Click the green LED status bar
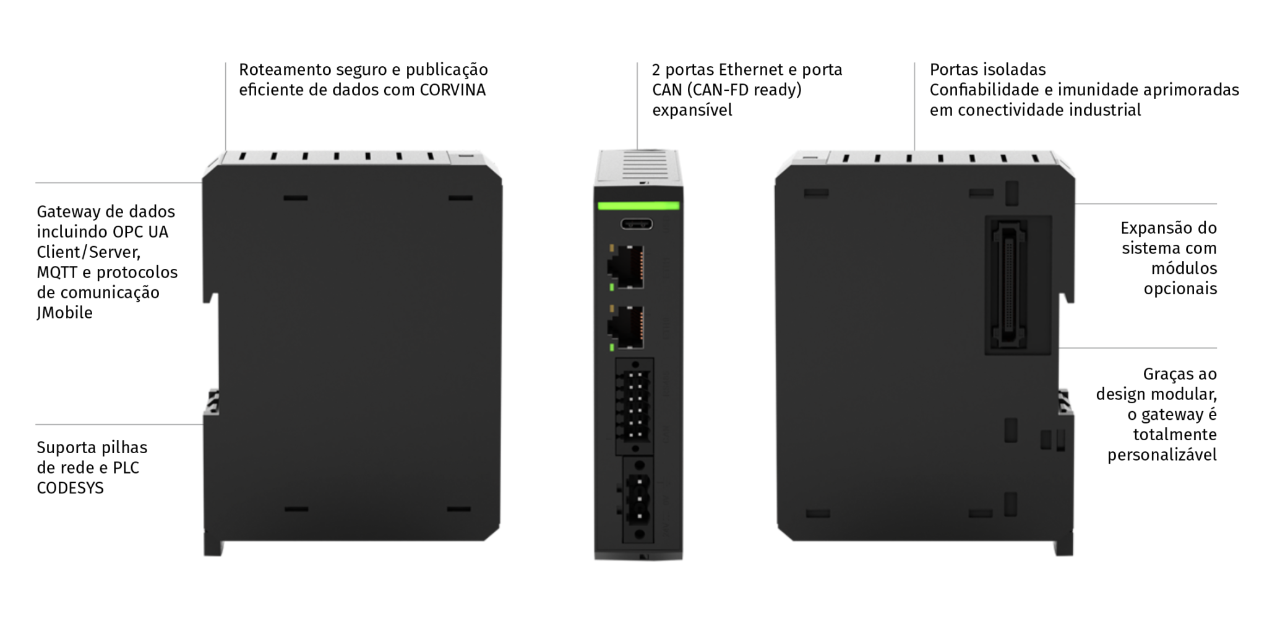point(638,206)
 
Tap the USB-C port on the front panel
point(636,224)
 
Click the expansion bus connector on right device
point(1010,284)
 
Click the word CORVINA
point(452,90)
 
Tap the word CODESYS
point(70,488)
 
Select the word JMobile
point(64,313)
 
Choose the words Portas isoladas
point(987,70)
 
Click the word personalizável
point(1161,456)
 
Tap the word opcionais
point(1180,289)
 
